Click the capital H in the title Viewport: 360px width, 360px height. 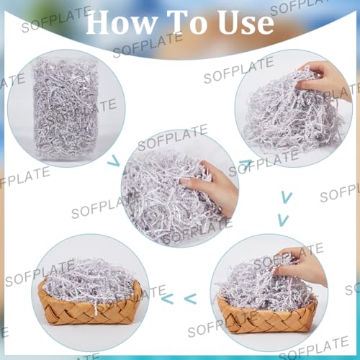pos(99,22)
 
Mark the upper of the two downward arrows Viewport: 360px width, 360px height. pos(287,196)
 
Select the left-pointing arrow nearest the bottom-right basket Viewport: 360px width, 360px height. pos(191,297)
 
